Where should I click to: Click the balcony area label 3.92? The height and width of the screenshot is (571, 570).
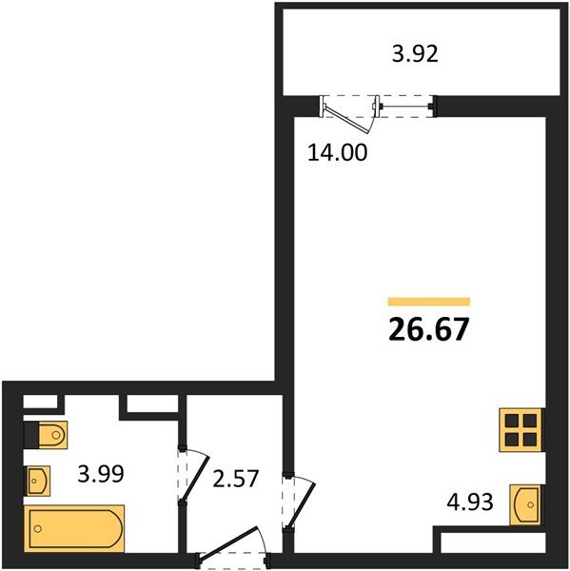(415, 54)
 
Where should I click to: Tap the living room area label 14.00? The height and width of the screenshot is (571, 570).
(338, 152)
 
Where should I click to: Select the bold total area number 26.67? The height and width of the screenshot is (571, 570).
(428, 329)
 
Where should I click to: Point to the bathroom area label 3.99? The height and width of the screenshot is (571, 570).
(101, 474)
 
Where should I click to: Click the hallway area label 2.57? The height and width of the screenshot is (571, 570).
(236, 479)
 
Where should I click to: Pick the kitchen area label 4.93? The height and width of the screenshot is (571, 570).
(470, 502)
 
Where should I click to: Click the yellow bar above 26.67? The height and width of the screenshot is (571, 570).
(429, 302)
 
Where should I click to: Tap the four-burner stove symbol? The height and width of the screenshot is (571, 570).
(521, 430)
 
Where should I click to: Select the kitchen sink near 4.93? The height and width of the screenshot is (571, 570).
(525, 504)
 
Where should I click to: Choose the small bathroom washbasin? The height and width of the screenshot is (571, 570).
(37, 481)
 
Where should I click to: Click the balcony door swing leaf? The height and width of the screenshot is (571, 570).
(347, 118)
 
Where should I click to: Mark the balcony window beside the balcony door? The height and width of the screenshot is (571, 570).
(405, 107)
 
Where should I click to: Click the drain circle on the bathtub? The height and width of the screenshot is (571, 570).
(37, 528)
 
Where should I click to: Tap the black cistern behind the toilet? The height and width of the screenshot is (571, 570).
(31, 435)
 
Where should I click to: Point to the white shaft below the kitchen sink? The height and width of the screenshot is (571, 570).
(493, 542)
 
